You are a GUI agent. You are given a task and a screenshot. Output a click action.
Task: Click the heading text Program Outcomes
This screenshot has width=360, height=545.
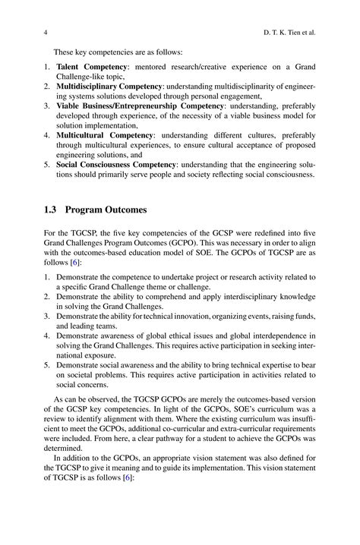[104, 209]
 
